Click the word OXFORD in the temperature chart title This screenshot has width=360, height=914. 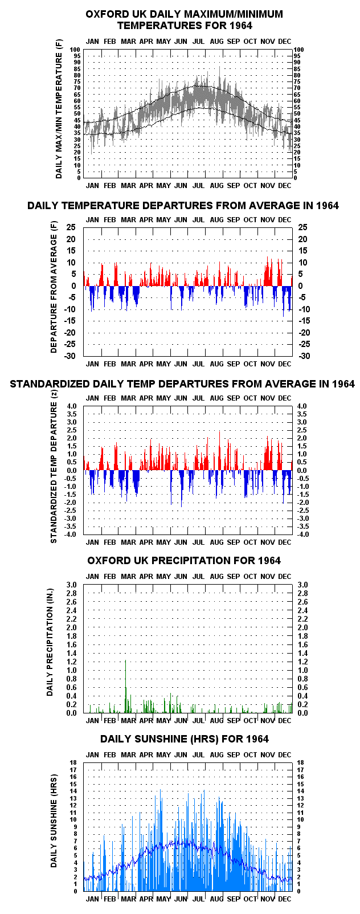coord(104,14)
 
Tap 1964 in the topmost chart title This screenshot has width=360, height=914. coord(241,26)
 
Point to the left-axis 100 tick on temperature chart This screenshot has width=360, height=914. coord(75,50)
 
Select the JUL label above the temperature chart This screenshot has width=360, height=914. coord(199,41)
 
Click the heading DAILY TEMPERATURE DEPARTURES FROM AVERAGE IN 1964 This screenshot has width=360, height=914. coord(183,206)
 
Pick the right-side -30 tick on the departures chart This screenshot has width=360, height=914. coord(302,356)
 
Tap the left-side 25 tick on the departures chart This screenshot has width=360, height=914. coord(72,227)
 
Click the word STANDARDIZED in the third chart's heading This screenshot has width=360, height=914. coord(50,384)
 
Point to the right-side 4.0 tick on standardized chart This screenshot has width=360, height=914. coord(302,406)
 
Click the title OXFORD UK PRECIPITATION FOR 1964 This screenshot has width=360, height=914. coord(184,561)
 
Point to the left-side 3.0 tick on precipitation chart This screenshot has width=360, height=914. coord(72,585)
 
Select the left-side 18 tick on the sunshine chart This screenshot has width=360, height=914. coord(73,762)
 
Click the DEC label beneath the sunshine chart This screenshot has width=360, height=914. coord(285,899)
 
